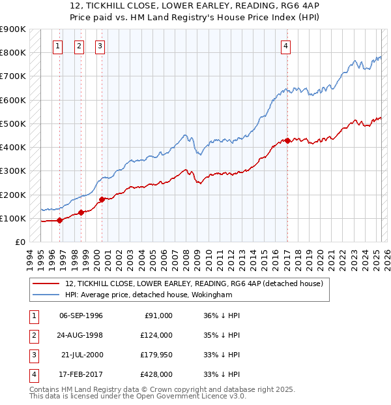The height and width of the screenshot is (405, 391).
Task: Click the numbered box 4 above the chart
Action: point(286,46)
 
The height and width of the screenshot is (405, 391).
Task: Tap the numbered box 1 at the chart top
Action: point(58,46)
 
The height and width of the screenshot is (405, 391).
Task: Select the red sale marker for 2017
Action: point(287,140)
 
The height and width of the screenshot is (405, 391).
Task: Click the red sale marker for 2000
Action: point(102,199)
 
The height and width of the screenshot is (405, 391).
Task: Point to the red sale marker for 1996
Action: point(59,220)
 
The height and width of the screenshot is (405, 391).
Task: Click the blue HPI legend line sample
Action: point(46,295)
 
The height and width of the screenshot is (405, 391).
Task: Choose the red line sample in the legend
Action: point(46,283)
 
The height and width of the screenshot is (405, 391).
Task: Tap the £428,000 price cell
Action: point(157,374)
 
